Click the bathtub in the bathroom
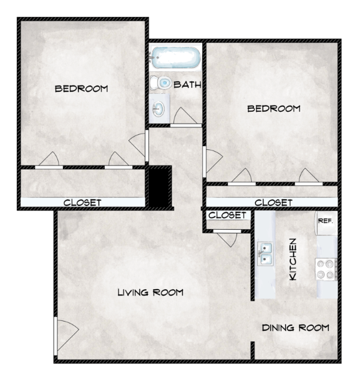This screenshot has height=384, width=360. (175, 58)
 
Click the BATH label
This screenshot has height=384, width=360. (187, 84)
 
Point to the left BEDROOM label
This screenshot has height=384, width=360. (81, 89)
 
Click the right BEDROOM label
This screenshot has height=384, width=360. (274, 108)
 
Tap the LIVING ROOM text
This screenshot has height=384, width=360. (150, 292)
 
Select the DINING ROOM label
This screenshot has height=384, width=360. (295, 328)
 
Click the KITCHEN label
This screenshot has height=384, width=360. (293, 258)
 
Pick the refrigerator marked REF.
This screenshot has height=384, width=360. (326, 223)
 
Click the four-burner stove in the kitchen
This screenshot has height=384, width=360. (326, 269)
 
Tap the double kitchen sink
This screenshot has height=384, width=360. (266, 254)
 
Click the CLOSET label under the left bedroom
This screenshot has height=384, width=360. (82, 202)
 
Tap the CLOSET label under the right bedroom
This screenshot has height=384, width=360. (273, 202)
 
